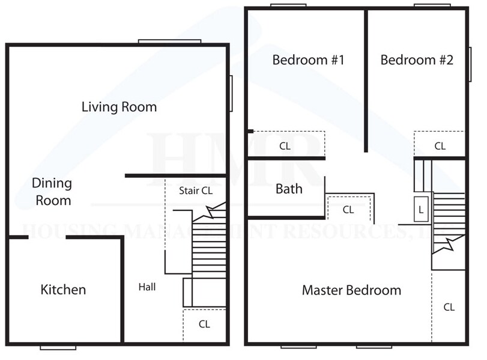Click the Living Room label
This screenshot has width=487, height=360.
pyautogui.click(x=119, y=107)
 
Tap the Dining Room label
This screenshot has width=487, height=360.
pyautogui.click(x=52, y=192)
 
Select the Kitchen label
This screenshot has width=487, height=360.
pyautogui.click(x=63, y=290)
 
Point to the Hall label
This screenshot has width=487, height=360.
pyautogui.click(x=147, y=287)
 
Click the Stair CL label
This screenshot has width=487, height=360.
pyautogui.click(x=196, y=191)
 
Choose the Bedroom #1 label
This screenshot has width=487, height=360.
pyautogui.click(x=308, y=60)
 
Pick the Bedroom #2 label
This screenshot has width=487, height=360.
pyautogui.click(x=416, y=60)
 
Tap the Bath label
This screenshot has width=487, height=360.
pyautogui.click(x=289, y=189)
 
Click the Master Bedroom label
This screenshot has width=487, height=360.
pyautogui.click(x=351, y=290)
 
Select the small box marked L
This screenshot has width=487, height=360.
pyautogui.click(x=421, y=209)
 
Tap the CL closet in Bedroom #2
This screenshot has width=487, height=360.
pyautogui.click(x=440, y=145)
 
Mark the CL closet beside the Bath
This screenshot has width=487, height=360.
pyautogui.click(x=348, y=209)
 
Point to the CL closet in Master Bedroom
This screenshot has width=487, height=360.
pyautogui.click(x=449, y=307)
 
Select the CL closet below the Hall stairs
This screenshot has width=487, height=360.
pyautogui.click(x=204, y=324)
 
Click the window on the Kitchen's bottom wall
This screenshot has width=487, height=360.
pyautogui.click(x=58, y=347)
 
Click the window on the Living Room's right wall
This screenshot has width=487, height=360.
pyautogui.click(x=231, y=93)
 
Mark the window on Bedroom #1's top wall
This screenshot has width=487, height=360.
pyautogui.click(x=284, y=6)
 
